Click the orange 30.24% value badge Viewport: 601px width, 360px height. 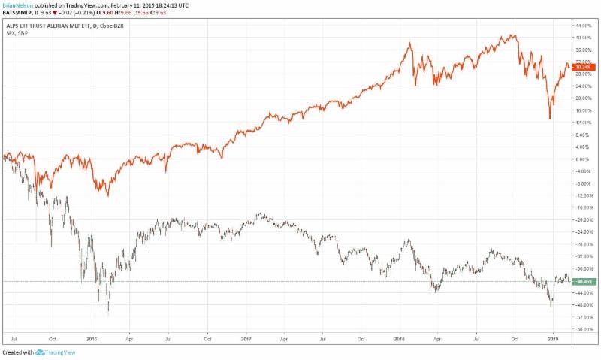pos(581,67)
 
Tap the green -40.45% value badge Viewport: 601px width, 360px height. pos(581,282)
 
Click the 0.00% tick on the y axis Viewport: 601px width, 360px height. pos(581,159)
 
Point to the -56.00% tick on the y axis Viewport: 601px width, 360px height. pos(581,329)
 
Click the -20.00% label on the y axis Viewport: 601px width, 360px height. pos(581,219)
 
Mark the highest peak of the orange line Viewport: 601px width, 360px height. pos(513,35)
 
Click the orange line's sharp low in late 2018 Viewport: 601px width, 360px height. pos(550,119)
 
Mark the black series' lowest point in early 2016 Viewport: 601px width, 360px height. pos(108,311)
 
